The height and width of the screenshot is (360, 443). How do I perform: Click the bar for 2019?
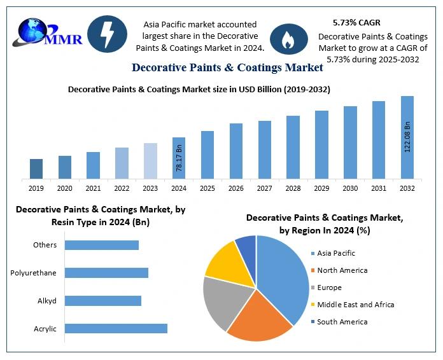pos(36,169)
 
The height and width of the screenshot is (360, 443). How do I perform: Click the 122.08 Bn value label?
pos(407,136)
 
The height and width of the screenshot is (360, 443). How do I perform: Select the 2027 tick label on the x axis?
pos(265,188)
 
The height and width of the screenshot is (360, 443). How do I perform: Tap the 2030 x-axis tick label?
pos(350,188)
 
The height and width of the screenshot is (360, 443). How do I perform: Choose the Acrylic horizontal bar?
pos(116,328)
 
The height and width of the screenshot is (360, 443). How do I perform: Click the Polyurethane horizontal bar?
pos(106,273)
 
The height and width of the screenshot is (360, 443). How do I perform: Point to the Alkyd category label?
pos(47,301)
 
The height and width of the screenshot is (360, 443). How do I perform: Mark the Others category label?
pos(45,245)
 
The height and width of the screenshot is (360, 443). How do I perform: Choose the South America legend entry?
pos(342,322)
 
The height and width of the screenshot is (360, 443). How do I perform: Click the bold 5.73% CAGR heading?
pos(356,23)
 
